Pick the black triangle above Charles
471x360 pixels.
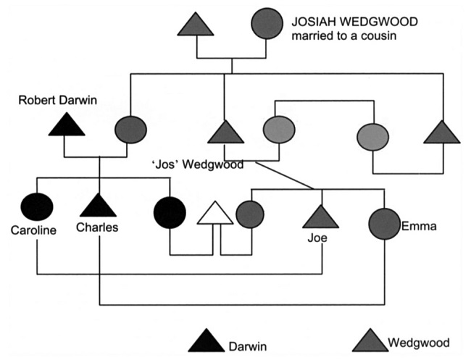98,206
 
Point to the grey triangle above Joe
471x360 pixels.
320,217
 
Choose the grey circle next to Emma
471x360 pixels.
384,224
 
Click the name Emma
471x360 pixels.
419,227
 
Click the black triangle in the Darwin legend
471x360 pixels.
207,342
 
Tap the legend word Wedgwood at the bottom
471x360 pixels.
419,343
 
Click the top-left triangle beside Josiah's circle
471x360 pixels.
196,25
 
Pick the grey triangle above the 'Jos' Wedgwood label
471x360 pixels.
224,132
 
